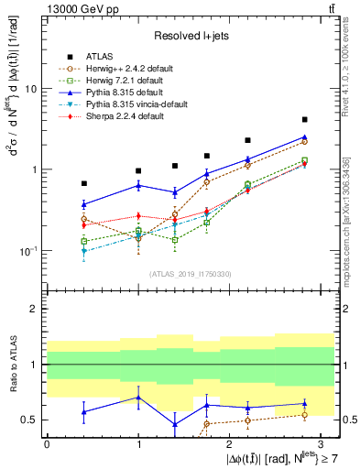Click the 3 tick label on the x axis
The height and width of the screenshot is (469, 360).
(321, 443)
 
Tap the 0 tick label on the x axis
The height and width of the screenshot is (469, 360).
(47, 443)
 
